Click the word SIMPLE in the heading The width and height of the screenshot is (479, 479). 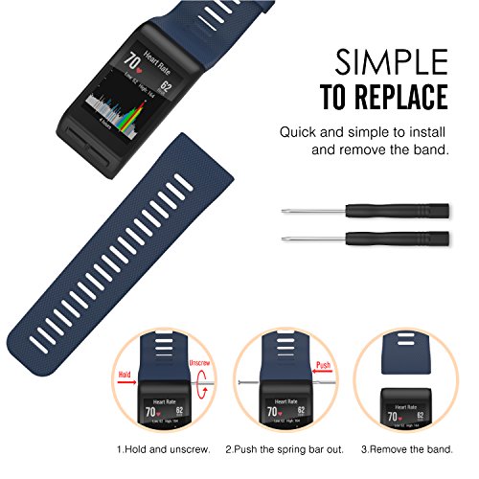[392, 62]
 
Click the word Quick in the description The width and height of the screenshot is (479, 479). [298, 131]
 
